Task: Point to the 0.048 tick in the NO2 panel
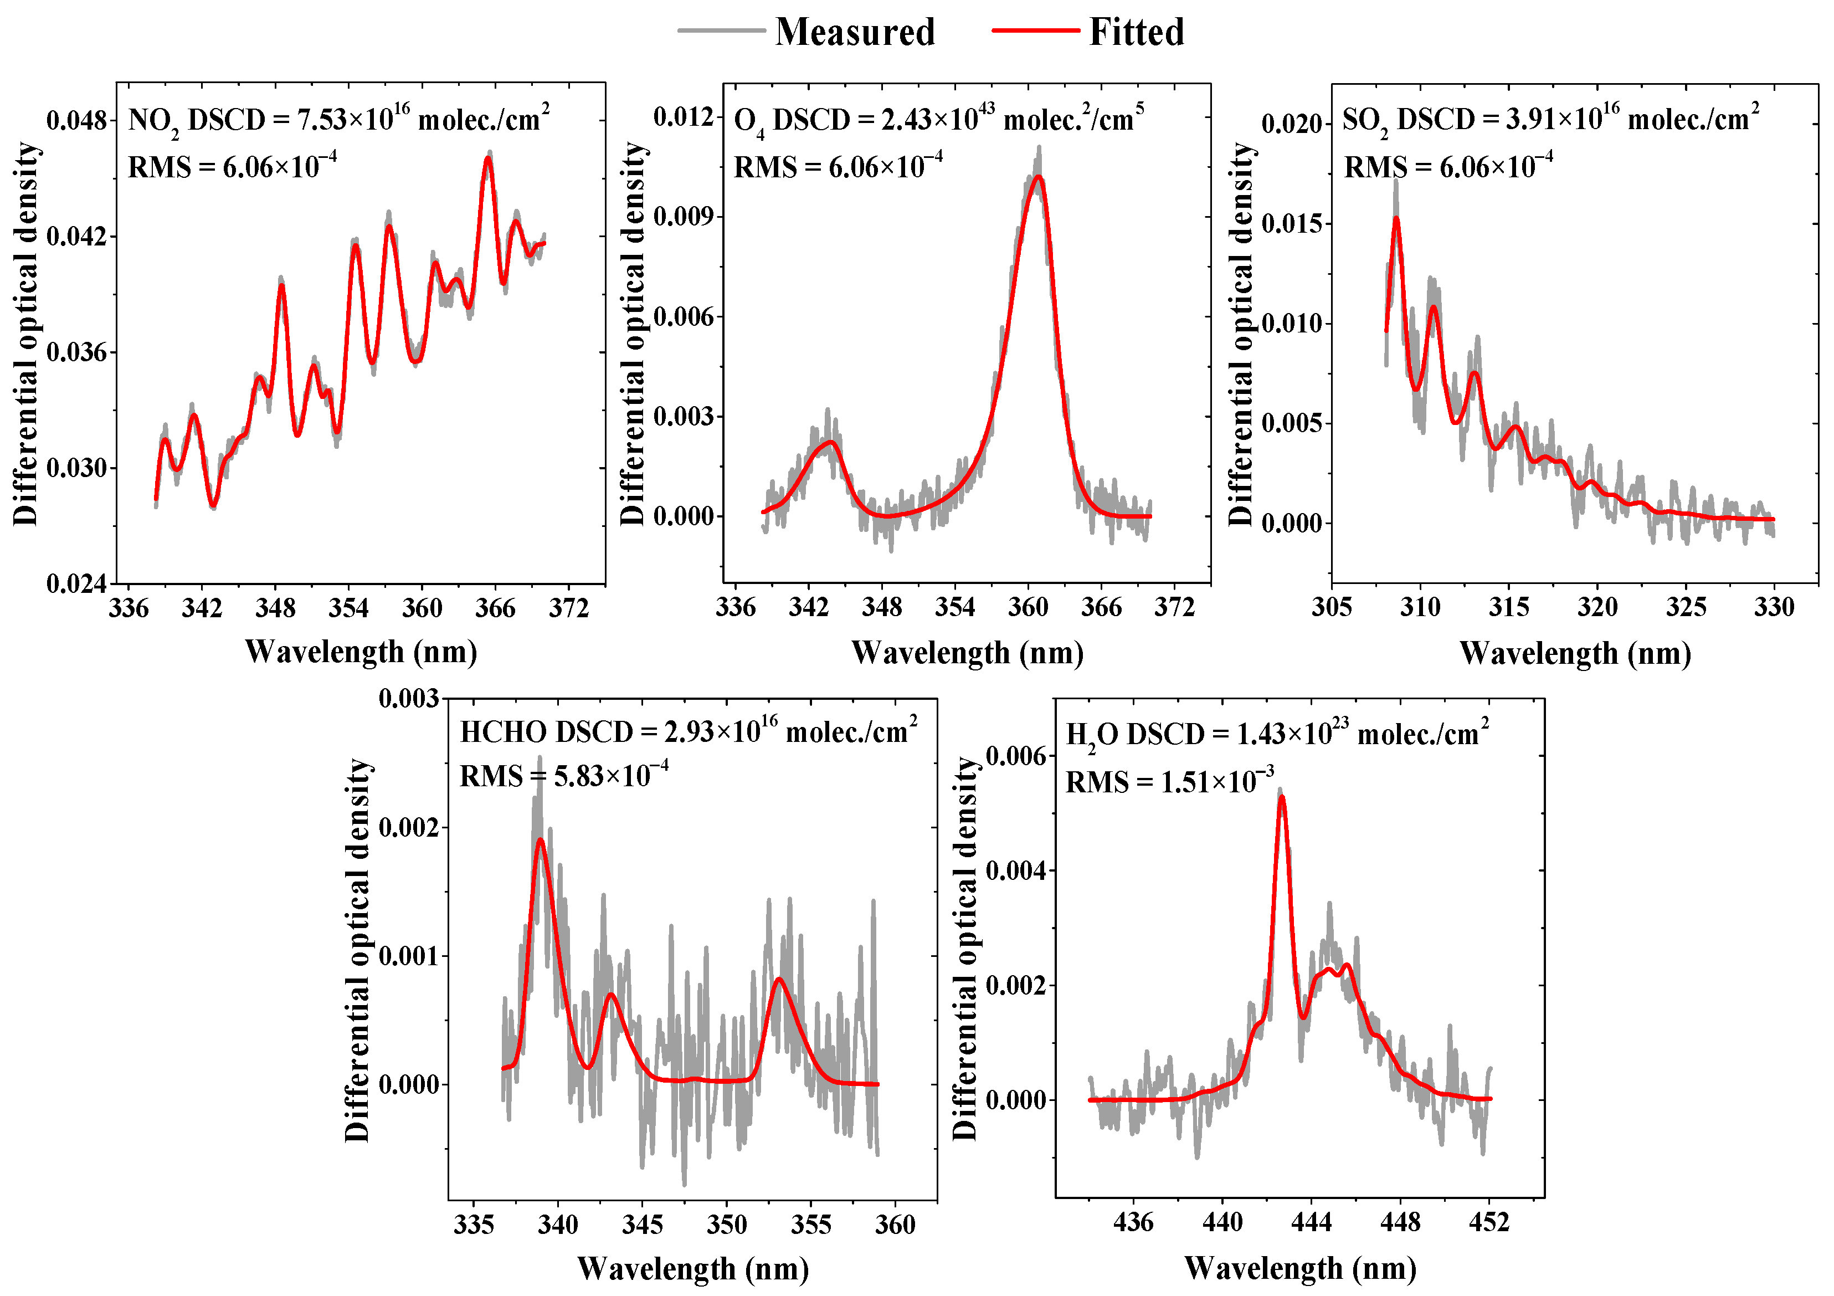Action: click(x=76, y=121)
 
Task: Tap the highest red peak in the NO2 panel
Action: click(x=488, y=159)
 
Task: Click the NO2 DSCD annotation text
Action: click(x=338, y=120)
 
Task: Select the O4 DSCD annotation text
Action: click(x=938, y=120)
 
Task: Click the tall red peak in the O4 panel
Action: click(x=1037, y=177)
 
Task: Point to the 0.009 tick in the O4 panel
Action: click(x=683, y=217)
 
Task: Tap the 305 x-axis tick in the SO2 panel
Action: click(x=1332, y=607)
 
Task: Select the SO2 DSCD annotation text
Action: click(x=1550, y=120)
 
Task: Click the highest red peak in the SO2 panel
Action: click(x=1396, y=219)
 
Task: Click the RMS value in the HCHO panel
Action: click(x=563, y=776)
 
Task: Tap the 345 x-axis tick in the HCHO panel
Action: click(x=642, y=1224)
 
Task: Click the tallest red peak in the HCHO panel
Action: click(x=541, y=840)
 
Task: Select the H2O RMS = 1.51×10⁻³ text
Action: click(x=1169, y=781)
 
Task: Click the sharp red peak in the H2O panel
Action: click(x=1281, y=797)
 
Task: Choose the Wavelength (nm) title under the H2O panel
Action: click(x=1299, y=1268)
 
